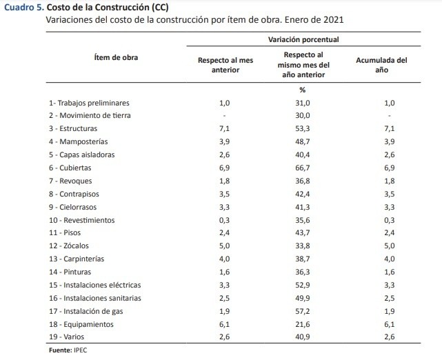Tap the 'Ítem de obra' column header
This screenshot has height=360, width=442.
pos(116,57)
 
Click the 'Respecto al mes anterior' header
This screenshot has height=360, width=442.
pos(225,65)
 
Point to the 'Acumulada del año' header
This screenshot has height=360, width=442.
pos(381,65)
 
